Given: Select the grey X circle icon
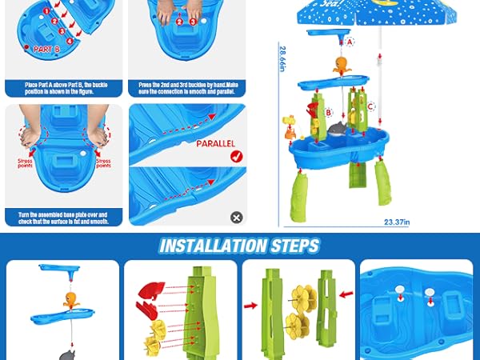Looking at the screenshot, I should [236, 217].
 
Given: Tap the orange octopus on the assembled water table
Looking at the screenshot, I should [339, 66].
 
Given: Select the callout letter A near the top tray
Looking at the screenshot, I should [350, 41].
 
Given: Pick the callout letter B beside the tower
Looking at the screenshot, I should [328, 113].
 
